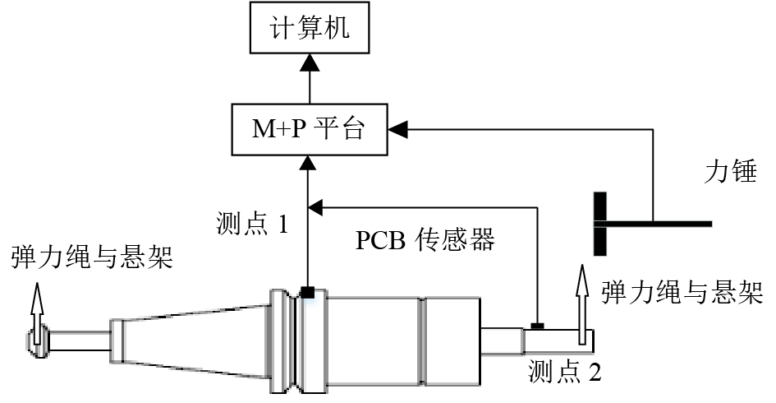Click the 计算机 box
[x=310, y=30]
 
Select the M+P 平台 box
[x=310, y=129]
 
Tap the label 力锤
[x=730, y=172]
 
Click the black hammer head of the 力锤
[x=601, y=223]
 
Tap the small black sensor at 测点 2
[x=538, y=326]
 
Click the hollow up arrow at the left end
[x=36, y=305]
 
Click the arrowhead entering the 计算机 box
[x=310, y=62]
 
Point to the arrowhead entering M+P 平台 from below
[x=310, y=161]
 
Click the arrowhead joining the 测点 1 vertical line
[x=318, y=206]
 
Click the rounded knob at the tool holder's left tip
[x=38, y=339]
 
